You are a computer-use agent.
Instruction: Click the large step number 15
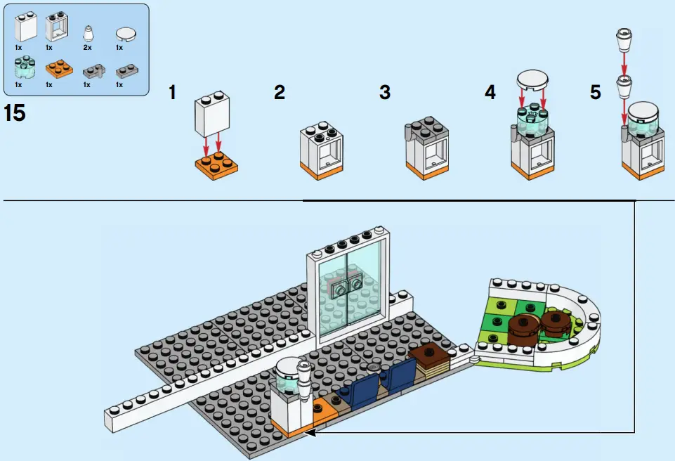tap(15, 112)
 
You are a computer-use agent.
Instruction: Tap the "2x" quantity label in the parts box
tap(87, 47)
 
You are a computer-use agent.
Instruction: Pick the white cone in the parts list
tap(87, 32)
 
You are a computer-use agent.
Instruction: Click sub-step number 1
tap(172, 92)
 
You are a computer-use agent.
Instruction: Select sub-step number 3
tap(384, 92)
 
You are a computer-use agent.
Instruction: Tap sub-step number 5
tap(595, 92)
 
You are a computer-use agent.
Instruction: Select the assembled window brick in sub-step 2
tap(323, 149)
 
